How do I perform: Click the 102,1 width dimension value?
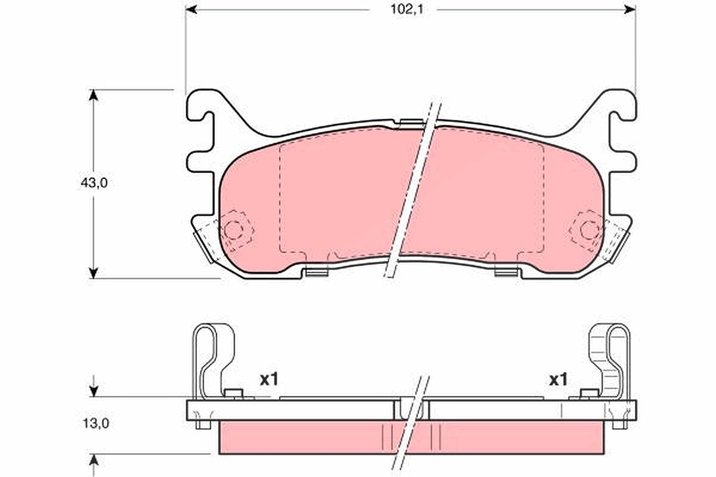pyautogui.click(x=407, y=10)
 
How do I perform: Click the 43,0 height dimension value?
pyautogui.click(x=94, y=183)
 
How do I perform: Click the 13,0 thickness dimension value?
pyautogui.click(x=96, y=424)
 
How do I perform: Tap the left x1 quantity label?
pyautogui.click(x=269, y=380)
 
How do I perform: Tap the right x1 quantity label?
pyautogui.click(x=558, y=380)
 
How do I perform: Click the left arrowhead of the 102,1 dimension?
pyautogui.click(x=191, y=10)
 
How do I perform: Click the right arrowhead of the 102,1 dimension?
pyautogui.click(x=630, y=10)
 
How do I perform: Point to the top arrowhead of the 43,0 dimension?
pyautogui.click(x=93, y=95)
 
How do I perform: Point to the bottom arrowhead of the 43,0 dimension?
pyautogui.click(x=93, y=273)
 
